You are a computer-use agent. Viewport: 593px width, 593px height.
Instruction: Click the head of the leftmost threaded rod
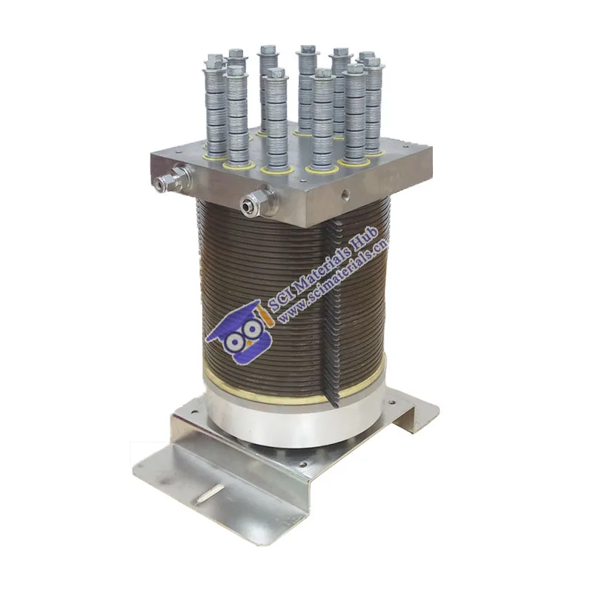pos(214,59)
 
